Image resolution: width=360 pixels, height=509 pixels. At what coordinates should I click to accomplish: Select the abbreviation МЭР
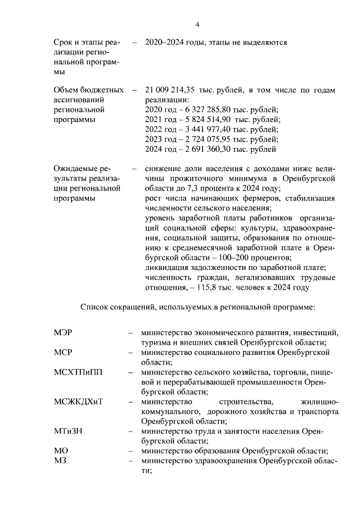pyautogui.click(x=63, y=334)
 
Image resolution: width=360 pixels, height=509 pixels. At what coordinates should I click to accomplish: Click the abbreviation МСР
pyautogui.click(x=63, y=353)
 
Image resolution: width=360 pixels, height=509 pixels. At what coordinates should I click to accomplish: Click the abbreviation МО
pyautogui.click(x=61, y=451)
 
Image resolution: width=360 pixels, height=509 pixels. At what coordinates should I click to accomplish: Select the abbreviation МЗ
pyautogui.click(x=60, y=461)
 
